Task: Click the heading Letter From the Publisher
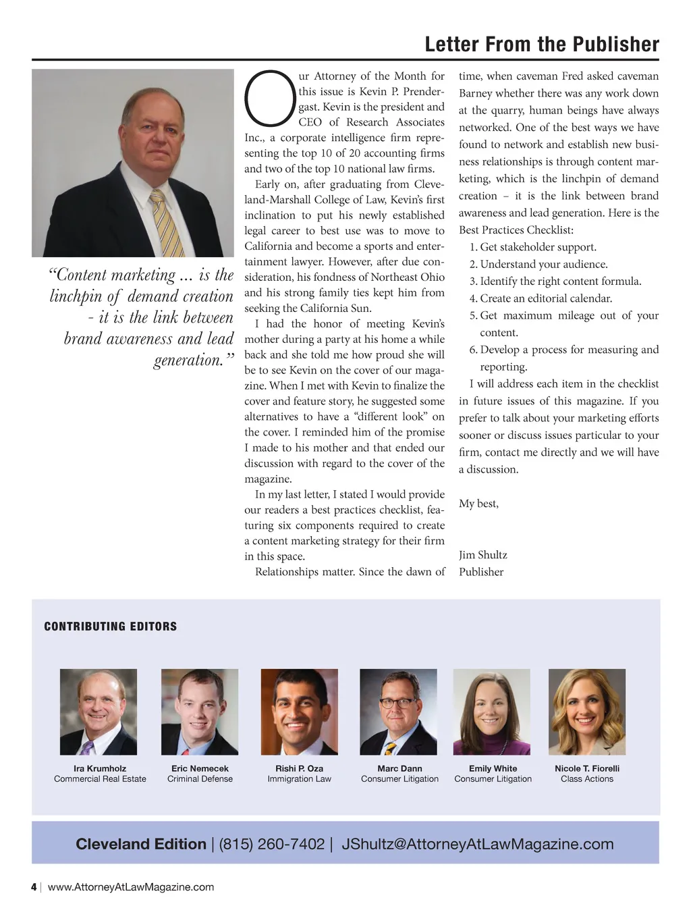coord(542,45)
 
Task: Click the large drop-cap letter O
coord(270,99)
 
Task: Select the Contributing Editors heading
coord(110,627)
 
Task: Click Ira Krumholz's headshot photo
coord(99,712)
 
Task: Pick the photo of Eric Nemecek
coord(200,712)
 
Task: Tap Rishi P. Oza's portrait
coord(299,712)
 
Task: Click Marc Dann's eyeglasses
coord(398,703)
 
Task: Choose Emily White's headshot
coord(492,712)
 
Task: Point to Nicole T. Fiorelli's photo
coord(587,712)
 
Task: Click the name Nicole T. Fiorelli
coord(587,768)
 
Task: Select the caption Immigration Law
coord(299,779)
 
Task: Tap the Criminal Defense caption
coord(200,779)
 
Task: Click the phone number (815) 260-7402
coord(271,844)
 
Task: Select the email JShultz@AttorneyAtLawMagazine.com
coord(478,844)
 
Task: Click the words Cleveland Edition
coord(141,844)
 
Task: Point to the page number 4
coord(34,887)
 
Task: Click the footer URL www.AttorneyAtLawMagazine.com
coord(131,887)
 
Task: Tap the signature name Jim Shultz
coord(483,555)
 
